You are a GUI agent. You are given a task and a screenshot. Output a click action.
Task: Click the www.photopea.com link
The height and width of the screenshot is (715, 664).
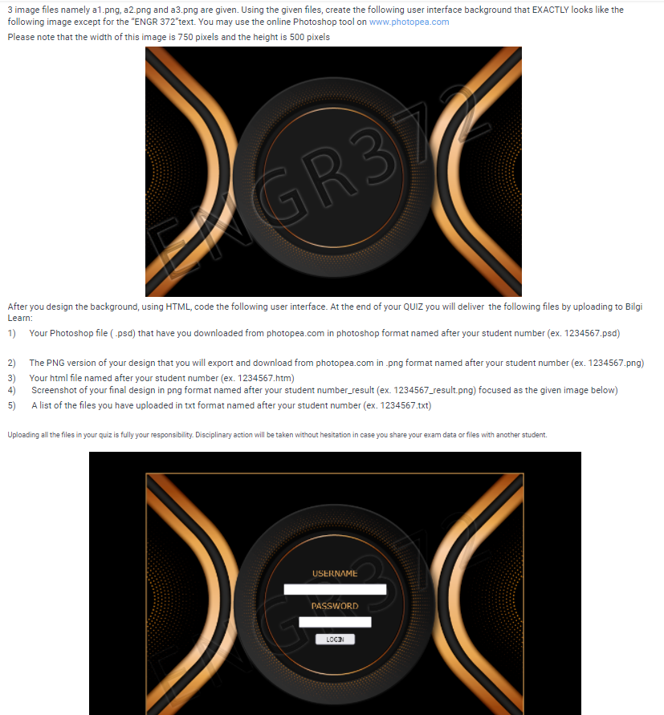[409, 22]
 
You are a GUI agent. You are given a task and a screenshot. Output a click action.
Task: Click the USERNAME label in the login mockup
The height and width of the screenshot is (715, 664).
[335, 573]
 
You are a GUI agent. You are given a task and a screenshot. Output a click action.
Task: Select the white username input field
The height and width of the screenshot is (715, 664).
[335, 590]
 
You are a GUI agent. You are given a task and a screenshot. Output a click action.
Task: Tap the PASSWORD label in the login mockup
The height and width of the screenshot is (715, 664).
[335, 606]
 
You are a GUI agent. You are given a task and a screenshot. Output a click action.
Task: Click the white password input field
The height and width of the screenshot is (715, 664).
[335, 622]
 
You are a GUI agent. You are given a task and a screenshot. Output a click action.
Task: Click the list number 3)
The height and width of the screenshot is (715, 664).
[11, 377]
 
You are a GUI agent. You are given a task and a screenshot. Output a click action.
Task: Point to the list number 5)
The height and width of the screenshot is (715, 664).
[11, 405]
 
